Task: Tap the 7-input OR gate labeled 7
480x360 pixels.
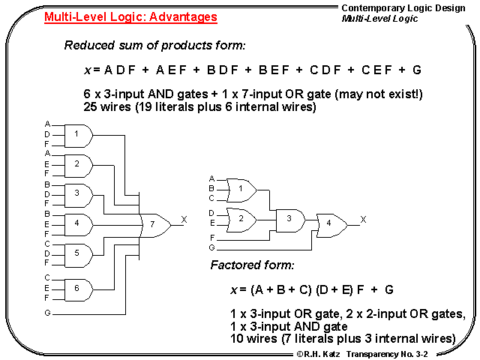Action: (x=154, y=224)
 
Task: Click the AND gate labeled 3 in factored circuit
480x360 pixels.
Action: (x=289, y=219)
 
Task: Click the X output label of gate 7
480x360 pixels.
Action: (x=184, y=220)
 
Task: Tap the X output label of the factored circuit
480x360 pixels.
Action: (x=364, y=219)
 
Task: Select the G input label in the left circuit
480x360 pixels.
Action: (x=48, y=310)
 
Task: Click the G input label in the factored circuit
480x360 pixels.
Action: (x=211, y=247)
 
